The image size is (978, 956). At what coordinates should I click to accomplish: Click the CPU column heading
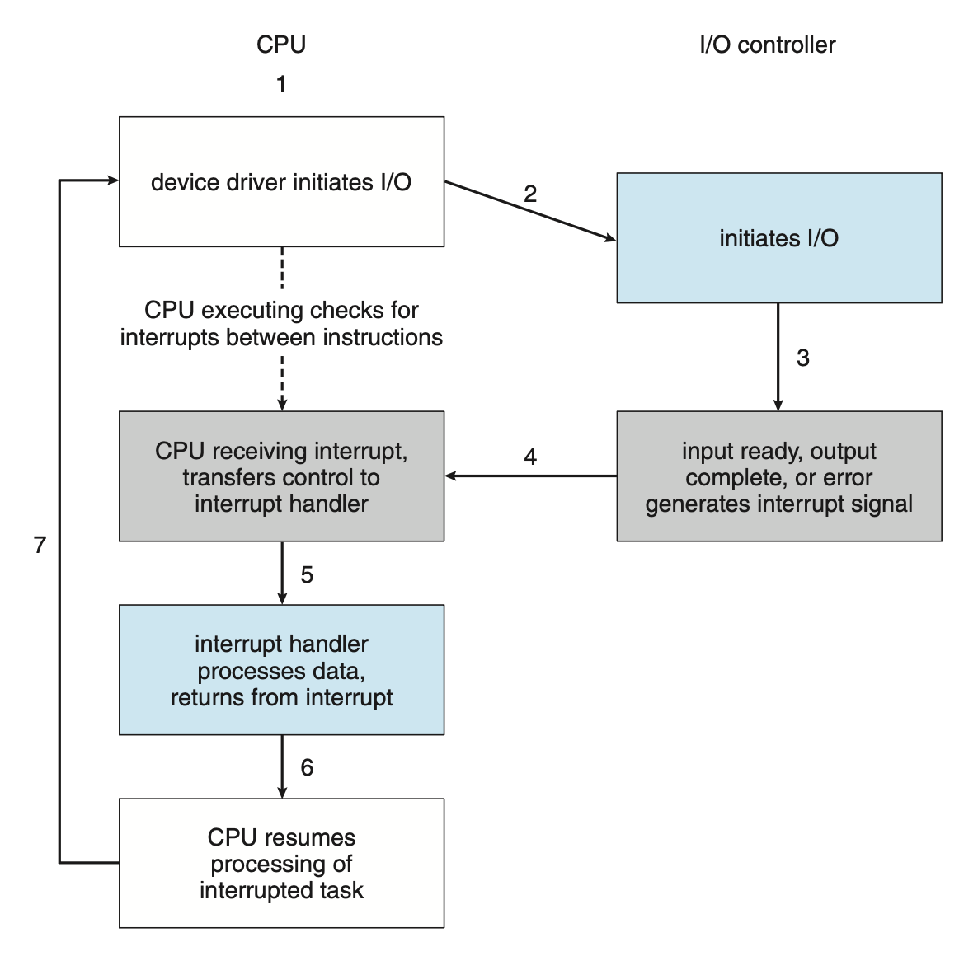coord(281,45)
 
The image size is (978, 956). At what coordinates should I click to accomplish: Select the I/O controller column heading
coord(767,45)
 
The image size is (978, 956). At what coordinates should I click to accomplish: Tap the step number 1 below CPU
coord(281,84)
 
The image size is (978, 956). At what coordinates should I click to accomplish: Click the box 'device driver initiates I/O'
coord(281,181)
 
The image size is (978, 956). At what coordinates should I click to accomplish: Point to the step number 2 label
coord(530,194)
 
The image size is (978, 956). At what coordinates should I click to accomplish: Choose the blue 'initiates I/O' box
coord(778,238)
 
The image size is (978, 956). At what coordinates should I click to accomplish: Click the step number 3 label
coord(802,358)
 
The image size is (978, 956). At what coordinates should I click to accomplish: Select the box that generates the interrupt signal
coord(778,476)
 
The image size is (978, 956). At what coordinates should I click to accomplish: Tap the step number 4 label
coord(530,457)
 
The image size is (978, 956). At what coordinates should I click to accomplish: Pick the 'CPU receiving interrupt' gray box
coord(281,476)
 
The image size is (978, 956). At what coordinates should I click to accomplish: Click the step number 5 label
coord(307,574)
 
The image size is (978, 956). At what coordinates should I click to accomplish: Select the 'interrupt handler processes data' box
coord(281,670)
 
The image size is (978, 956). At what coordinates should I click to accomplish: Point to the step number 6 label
coord(307,768)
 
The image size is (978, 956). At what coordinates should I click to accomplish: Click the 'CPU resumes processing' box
coord(281,863)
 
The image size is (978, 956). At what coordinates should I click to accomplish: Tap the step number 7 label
coord(40,545)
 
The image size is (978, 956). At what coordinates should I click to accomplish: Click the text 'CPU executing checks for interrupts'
coord(281,324)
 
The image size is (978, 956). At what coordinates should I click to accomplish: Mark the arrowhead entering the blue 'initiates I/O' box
coord(611,239)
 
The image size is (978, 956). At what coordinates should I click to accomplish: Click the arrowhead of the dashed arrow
coord(282,405)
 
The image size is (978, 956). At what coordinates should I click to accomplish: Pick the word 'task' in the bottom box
coord(341,890)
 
